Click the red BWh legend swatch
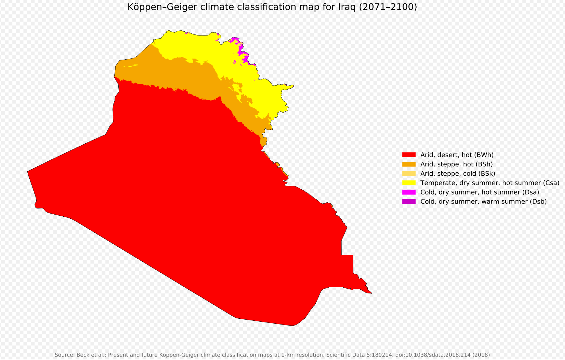[x=409, y=155]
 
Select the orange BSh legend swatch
[x=409, y=164]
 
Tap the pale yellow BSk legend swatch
[x=409, y=173]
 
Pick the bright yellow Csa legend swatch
[x=409, y=183]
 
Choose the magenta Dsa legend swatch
[x=409, y=192]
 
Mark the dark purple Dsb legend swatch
[x=409, y=202]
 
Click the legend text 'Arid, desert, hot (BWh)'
[x=457, y=155]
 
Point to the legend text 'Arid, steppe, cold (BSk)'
[x=458, y=174]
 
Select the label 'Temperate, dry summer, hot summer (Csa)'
[x=490, y=183]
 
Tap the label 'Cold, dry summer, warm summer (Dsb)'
[x=484, y=202]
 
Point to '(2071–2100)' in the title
[x=388, y=7]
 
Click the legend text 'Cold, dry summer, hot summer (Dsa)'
[x=480, y=192]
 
